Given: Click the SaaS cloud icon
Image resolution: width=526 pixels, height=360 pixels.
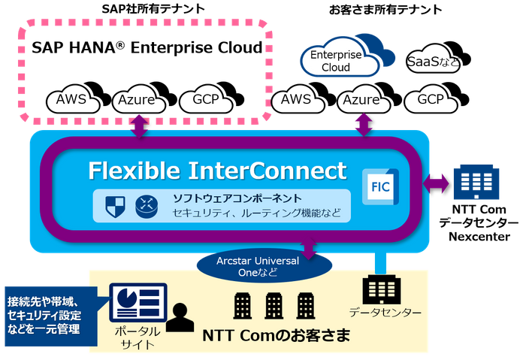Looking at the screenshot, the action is [435, 59].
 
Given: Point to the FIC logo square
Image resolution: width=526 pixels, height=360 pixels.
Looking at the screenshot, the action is [380, 187].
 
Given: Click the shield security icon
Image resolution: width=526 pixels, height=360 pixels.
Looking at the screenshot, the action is [115, 207].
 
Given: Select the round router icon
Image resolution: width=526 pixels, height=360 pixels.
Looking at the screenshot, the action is [147, 207].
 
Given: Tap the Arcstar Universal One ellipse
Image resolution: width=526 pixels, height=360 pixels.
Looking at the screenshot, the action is [264, 266].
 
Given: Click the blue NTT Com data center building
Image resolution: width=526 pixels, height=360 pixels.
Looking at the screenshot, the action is [476, 182].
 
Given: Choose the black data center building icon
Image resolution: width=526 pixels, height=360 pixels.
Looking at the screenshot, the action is [382, 289].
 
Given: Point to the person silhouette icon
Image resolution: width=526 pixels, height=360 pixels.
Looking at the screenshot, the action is [180, 318].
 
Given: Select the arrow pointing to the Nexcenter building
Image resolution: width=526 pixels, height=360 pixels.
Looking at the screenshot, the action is [435, 184].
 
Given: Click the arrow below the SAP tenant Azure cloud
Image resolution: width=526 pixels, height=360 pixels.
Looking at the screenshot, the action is [139, 126].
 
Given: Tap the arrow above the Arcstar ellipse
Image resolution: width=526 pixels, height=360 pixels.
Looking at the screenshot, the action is [309, 249].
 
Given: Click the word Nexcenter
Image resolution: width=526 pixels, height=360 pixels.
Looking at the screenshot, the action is [479, 237].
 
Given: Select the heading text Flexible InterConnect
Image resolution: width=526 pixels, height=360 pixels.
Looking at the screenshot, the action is [217, 171].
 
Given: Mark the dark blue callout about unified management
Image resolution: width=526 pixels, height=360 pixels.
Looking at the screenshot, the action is [51, 316].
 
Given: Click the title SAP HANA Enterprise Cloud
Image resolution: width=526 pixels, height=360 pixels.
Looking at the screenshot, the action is [147, 47].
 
